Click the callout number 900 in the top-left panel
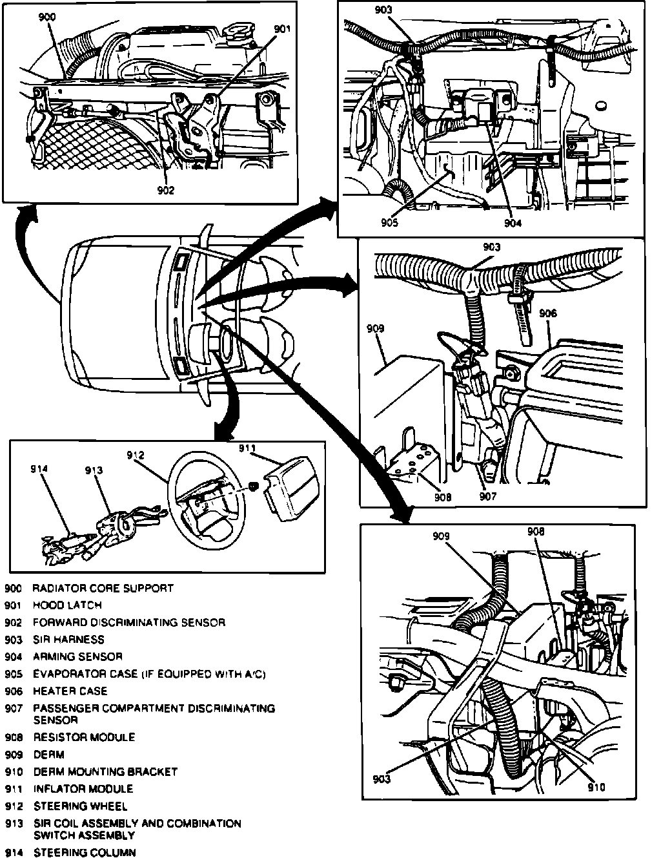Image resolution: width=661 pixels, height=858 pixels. click(48, 17)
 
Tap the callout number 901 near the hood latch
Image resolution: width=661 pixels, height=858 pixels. click(283, 29)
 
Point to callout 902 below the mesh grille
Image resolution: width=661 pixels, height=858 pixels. click(165, 190)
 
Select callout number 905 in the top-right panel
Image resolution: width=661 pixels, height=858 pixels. click(389, 224)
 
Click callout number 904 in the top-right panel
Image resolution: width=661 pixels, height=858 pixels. click(513, 224)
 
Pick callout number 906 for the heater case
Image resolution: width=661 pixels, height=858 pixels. click(547, 313)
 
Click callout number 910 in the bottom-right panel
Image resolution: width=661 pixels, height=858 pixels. click(596, 787)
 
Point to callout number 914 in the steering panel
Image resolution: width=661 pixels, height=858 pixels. click(39, 470)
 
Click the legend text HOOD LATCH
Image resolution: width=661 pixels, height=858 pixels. click(67, 605)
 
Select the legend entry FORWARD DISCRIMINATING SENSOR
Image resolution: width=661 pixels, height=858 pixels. click(128, 623)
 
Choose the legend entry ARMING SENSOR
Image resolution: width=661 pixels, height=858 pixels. click(77, 657)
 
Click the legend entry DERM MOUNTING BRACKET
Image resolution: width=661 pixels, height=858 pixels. click(105, 771)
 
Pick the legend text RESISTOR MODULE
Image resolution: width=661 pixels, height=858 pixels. click(84, 737)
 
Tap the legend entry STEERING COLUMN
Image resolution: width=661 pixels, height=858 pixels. click(84, 853)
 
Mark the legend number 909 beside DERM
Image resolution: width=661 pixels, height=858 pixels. click(14, 755)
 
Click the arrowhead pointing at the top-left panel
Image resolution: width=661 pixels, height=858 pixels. click(26, 210)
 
